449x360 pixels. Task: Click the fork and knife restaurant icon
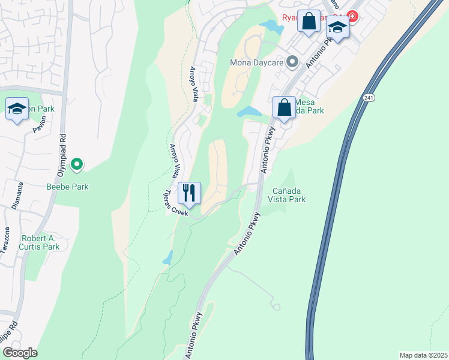[190, 193]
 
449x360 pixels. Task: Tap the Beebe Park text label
[68, 187]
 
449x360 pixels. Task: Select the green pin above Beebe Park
[77, 163]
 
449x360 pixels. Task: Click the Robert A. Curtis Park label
[40, 242]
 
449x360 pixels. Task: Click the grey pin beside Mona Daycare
[292, 61]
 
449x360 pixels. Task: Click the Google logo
[20, 353]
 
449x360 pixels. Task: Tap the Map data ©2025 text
[423, 355]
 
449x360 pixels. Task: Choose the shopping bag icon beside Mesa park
[285, 108]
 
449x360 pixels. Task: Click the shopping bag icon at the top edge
[309, 22]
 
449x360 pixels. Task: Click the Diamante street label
[17, 196]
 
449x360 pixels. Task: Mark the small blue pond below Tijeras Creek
[167, 259]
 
